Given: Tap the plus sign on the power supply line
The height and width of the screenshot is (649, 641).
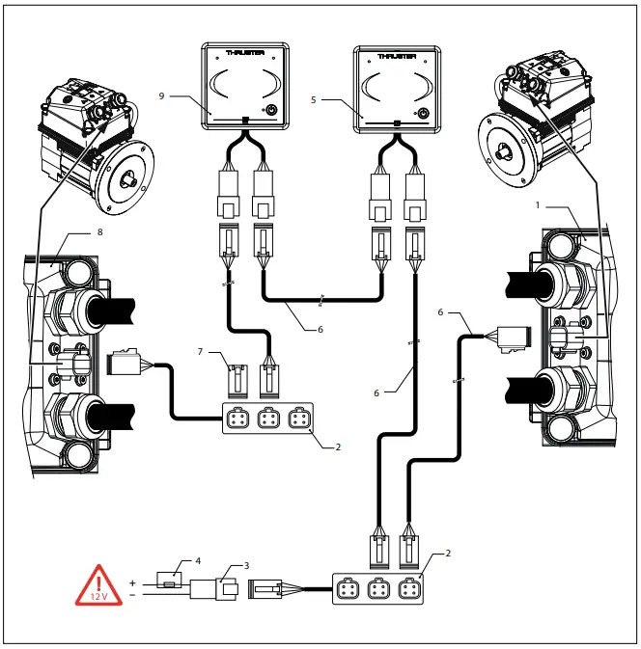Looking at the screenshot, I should [x=132, y=582].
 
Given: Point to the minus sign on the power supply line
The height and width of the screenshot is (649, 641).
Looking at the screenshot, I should [x=132, y=595].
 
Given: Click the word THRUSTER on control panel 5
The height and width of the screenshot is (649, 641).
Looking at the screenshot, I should [x=396, y=56].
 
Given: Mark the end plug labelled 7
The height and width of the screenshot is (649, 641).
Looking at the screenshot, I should [x=236, y=378].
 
